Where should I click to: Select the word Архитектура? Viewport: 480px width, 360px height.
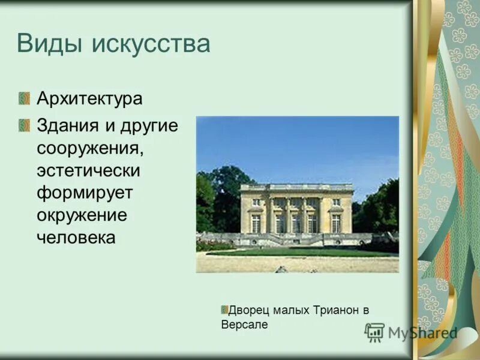[x=89, y=98]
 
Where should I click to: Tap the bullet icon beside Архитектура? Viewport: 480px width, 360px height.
[x=24, y=98]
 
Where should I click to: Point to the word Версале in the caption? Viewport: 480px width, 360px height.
[x=244, y=325]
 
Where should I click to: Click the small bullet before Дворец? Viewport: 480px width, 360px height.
[x=224, y=310]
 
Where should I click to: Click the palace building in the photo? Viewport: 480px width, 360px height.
[x=296, y=210]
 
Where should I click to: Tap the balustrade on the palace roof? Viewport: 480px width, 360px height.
[x=296, y=187]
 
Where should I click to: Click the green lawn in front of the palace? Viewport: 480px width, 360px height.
[x=300, y=253]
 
